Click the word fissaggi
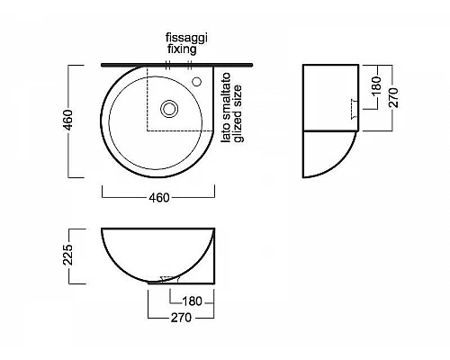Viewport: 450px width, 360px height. point(186,39)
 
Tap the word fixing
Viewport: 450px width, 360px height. point(182,49)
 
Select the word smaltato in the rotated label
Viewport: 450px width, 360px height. point(226,100)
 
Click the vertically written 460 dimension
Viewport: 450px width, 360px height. point(68,121)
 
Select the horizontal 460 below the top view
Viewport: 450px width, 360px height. point(159,198)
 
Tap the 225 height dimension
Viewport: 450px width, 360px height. point(67,255)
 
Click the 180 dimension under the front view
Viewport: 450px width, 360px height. point(192,301)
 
